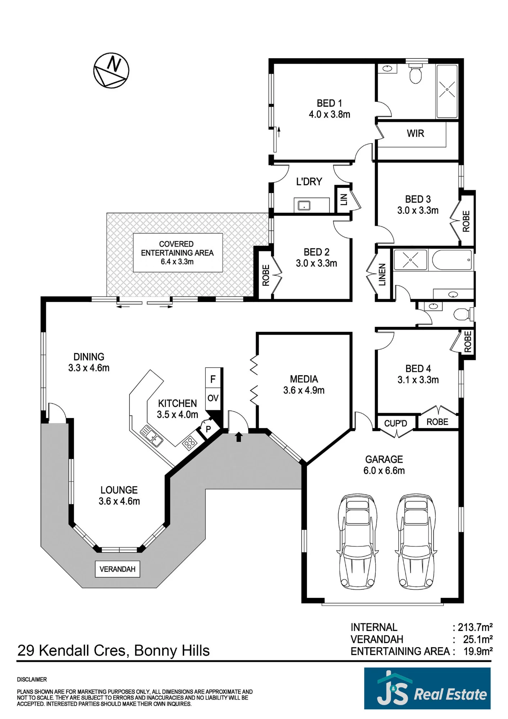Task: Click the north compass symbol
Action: (x=111, y=70)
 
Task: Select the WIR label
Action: (x=415, y=133)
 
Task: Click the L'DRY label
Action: (x=309, y=182)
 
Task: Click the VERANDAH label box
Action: (x=118, y=569)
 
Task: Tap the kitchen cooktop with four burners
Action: (x=189, y=443)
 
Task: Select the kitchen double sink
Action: (x=151, y=436)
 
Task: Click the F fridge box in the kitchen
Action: (x=213, y=379)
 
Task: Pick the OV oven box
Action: (x=213, y=398)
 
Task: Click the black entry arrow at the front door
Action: (x=239, y=437)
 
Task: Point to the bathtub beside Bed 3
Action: (x=452, y=260)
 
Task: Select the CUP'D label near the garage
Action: (x=395, y=423)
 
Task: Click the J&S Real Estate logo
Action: (x=427, y=688)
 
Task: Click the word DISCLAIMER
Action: (x=32, y=679)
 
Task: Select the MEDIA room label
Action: (x=304, y=379)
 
